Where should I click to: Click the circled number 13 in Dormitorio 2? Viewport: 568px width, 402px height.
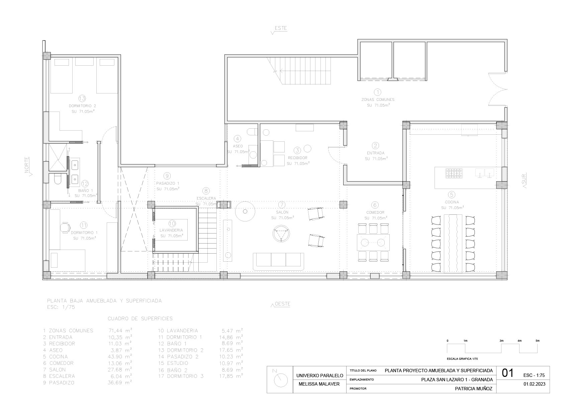[x=82, y=98]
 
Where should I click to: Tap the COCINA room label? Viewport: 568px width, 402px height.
[x=452, y=202]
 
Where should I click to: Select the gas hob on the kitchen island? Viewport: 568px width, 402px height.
[x=454, y=173]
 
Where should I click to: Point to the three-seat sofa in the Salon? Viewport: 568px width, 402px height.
[x=278, y=262]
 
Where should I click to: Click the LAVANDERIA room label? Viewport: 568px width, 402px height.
[x=171, y=230]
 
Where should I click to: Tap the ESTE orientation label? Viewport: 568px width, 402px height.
[x=281, y=28]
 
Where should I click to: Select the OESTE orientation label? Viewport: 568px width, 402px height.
[x=282, y=304]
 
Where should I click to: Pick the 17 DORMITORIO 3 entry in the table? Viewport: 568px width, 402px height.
[x=181, y=376]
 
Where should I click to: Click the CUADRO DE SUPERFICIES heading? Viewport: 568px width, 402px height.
[x=140, y=319]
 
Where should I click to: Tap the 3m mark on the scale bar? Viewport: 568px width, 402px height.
[x=501, y=341]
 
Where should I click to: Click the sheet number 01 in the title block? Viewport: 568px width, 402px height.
[x=508, y=373]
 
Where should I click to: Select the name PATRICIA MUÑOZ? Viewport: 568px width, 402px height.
[x=474, y=389]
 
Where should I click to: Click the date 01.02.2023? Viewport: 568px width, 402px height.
[x=534, y=384]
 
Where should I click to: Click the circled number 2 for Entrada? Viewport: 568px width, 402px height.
[x=375, y=145]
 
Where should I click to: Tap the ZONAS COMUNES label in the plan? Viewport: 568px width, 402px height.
[x=378, y=99]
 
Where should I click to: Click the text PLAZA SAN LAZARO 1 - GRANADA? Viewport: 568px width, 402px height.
[x=457, y=380]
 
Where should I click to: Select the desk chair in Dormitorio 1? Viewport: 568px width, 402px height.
[x=65, y=227]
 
